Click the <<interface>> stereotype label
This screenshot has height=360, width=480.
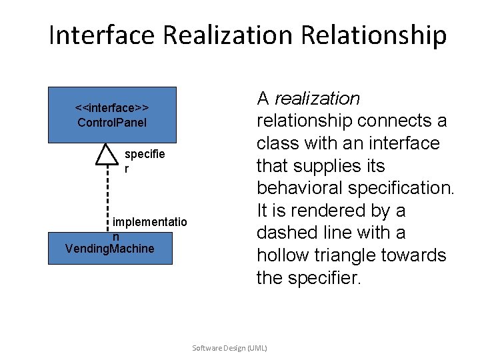112,108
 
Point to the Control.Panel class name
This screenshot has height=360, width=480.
112,122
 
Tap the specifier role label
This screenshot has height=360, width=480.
144,161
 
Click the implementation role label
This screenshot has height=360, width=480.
149,227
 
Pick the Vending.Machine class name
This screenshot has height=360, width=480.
110,249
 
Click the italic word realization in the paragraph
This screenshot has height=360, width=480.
317,99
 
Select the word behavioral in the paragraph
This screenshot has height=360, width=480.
303,188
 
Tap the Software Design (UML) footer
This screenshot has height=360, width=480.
229,348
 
